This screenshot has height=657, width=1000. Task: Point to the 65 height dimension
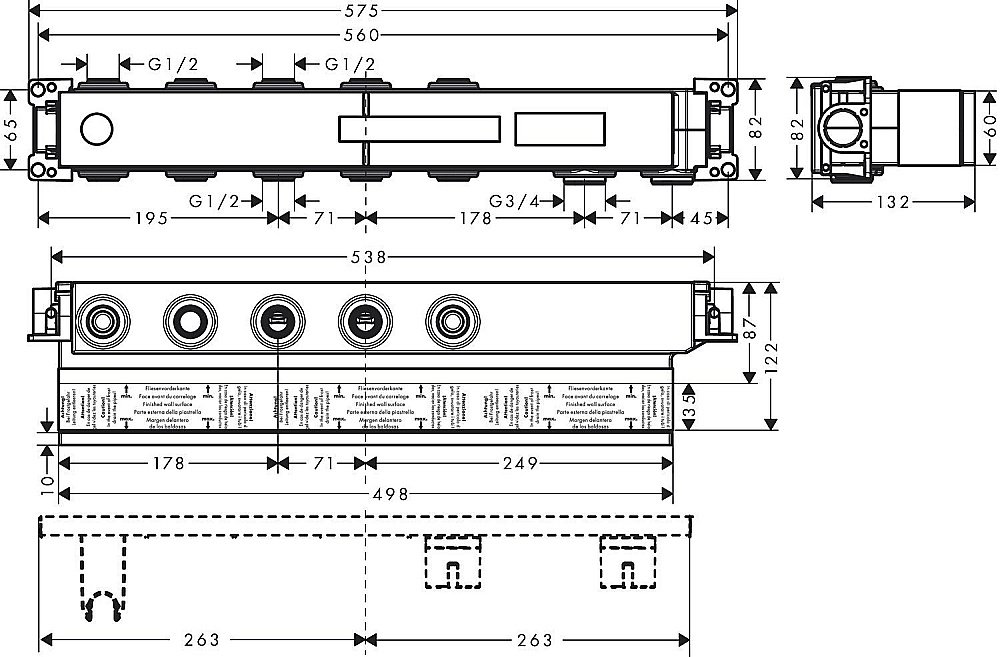point(10,130)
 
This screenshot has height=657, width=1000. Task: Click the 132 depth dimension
point(891,202)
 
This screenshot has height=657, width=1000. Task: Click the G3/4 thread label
point(515,201)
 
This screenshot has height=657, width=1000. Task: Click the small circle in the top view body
point(96,130)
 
